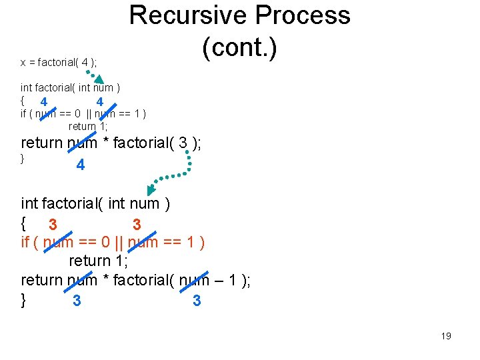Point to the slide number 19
tap(446, 336)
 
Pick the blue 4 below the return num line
tap(80, 165)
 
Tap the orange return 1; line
tap(99, 260)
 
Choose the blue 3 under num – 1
tap(197, 301)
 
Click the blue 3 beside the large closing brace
tap(77, 301)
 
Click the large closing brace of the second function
tap(24, 300)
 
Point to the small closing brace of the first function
tap(23, 159)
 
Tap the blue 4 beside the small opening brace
tap(43, 102)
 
